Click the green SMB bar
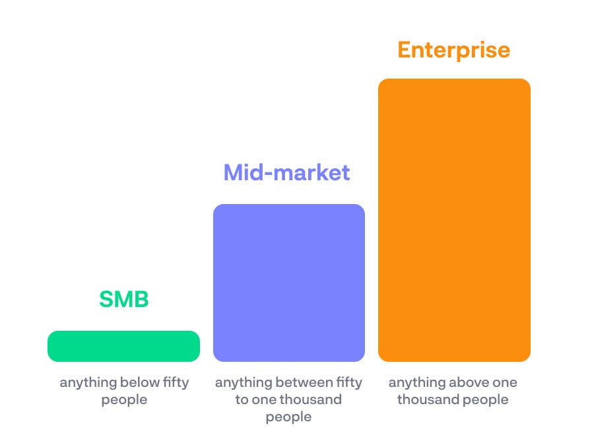click(x=123, y=346)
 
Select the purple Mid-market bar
click(x=289, y=283)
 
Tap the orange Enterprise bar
click(x=454, y=220)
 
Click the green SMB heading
click(x=124, y=299)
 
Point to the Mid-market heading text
click(x=286, y=172)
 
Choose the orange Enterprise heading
click(x=454, y=50)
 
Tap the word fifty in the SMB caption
click(x=176, y=382)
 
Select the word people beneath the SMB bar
click(x=124, y=400)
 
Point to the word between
click(x=304, y=382)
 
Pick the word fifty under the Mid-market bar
click(x=350, y=382)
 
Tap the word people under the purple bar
click(x=288, y=417)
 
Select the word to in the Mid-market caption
click(x=242, y=399)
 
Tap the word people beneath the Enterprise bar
click(x=485, y=400)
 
